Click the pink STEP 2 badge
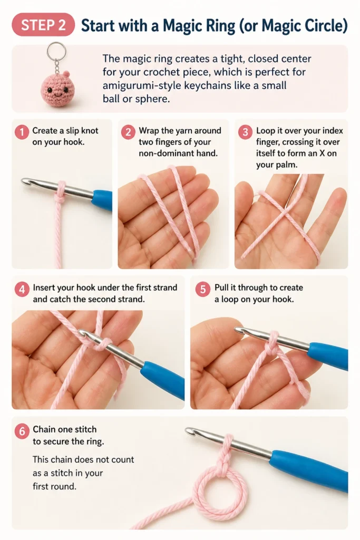43,25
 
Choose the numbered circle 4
22,290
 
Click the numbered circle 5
203,290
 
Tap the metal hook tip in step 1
25,181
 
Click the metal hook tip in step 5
240,331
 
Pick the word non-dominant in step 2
165,153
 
